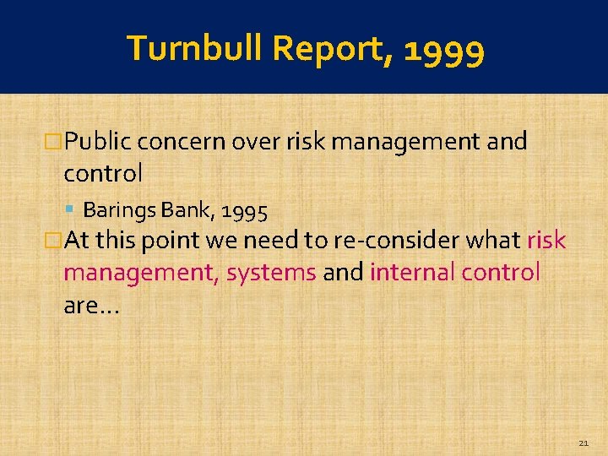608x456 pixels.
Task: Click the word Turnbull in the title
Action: coord(197,49)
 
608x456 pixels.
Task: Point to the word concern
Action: coord(178,141)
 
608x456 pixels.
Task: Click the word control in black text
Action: coord(103,173)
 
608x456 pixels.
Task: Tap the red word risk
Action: coord(546,241)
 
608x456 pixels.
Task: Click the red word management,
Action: coord(141,274)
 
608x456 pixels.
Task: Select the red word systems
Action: coord(271,274)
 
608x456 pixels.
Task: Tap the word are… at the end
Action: coord(92,306)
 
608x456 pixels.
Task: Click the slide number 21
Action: coord(584,442)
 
